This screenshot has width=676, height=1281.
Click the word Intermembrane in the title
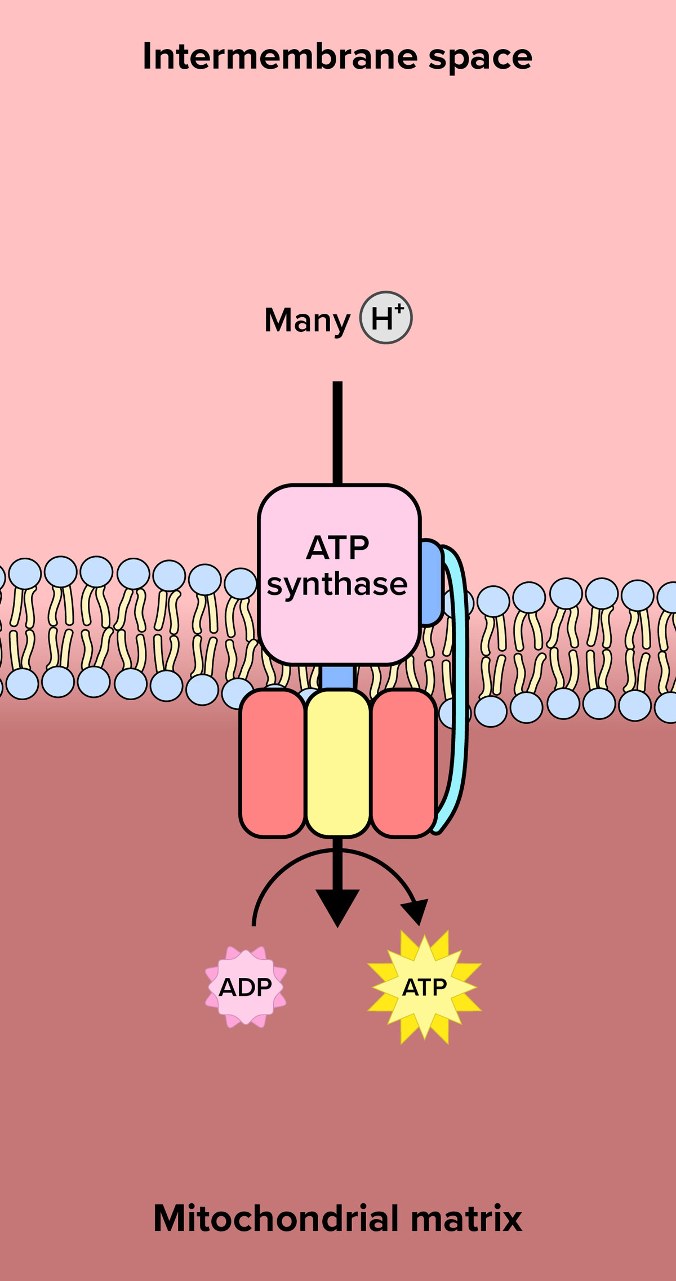point(281,56)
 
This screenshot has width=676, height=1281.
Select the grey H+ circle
point(386,318)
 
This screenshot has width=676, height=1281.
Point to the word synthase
point(337,584)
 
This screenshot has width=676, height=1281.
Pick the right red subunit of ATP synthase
point(403,763)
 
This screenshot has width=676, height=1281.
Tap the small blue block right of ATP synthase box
point(431,583)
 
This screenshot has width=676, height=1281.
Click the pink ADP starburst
point(246,987)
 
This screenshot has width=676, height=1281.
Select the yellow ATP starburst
point(425,987)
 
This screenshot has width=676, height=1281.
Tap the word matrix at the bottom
point(466,1219)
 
